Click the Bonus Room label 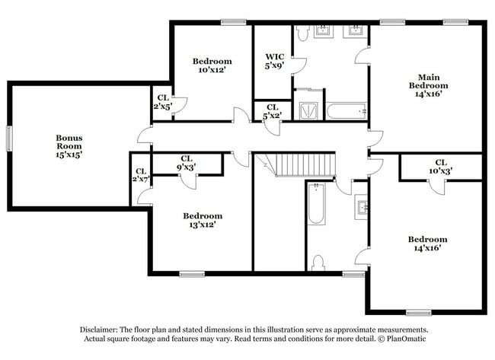69,146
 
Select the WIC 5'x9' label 275,61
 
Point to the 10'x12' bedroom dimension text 212,70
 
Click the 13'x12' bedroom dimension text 203,225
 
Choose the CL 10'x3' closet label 441,167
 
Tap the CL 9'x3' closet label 187,163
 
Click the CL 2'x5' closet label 163,102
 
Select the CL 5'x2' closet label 273,111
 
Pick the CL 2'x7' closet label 141,175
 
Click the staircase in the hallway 305,164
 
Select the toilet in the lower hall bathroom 318,263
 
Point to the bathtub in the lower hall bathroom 316,203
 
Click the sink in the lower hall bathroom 361,207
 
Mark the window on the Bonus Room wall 9,139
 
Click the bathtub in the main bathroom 346,111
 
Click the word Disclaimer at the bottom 99,330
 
